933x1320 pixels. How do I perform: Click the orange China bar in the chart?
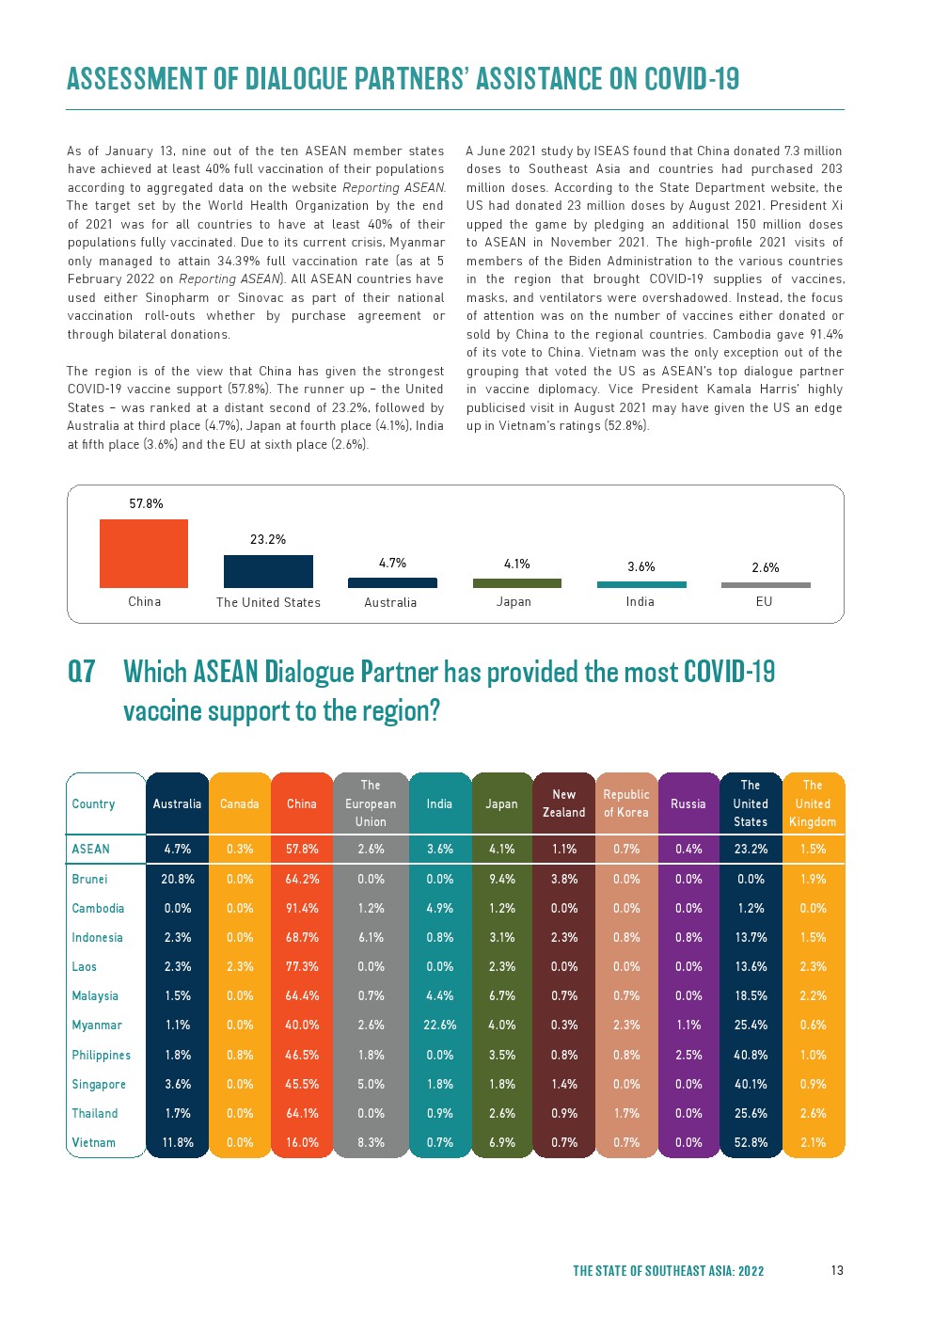pyautogui.click(x=144, y=553)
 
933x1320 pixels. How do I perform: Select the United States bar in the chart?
pyautogui.click(x=268, y=571)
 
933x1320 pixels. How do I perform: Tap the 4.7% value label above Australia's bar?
pyautogui.click(x=392, y=563)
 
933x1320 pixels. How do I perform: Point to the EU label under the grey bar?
pyautogui.click(x=764, y=601)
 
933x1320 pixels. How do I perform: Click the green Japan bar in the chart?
pyautogui.click(x=516, y=583)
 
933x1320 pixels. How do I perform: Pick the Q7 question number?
pyautogui.click(x=82, y=672)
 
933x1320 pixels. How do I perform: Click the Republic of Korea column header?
pyautogui.click(x=626, y=803)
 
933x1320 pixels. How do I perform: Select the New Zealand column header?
pyautogui.click(x=563, y=803)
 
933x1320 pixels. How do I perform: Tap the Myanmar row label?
pyautogui.click(x=97, y=1025)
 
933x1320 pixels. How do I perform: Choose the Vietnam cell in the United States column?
pyautogui.click(x=751, y=1142)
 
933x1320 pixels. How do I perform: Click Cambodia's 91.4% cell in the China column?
pyautogui.click(x=302, y=908)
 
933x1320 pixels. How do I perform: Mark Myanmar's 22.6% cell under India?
pyautogui.click(x=440, y=1025)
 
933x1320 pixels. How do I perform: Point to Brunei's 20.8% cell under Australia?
pyautogui.click(x=178, y=879)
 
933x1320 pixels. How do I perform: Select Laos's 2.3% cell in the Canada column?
pyautogui.click(x=240, y=966)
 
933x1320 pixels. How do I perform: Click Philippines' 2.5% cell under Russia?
pyautogui.click(x=688, y=1055)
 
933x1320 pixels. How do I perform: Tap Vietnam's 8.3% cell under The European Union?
pyautogui.click(x=371, y=1142)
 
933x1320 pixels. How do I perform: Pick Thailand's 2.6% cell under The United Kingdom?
pyautogui.click(x=813, y=1113)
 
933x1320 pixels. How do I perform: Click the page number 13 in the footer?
pyautogui.click(x=837, y=1270)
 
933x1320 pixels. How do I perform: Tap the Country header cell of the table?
pyautogui.click(x=94, y=803)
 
